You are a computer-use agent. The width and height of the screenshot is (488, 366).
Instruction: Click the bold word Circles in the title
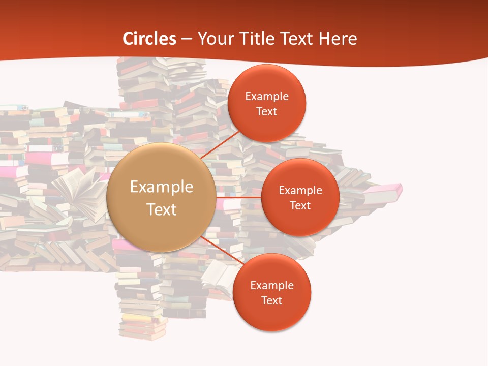point(149,39)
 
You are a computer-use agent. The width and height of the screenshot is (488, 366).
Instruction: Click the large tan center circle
point(161,197)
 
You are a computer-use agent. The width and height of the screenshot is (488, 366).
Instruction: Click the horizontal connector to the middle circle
point(239,197)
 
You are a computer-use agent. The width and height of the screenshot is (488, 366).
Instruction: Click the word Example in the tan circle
point(162,187)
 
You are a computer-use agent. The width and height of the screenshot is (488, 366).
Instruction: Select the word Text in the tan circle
point(162,209)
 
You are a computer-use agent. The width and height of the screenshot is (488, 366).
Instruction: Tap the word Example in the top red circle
point(267,97)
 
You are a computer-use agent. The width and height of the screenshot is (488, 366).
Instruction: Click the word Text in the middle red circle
point(300,205)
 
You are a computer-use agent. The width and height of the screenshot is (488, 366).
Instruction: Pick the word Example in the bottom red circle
point(272,285)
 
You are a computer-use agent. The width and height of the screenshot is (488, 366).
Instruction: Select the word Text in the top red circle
point(266,112)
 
